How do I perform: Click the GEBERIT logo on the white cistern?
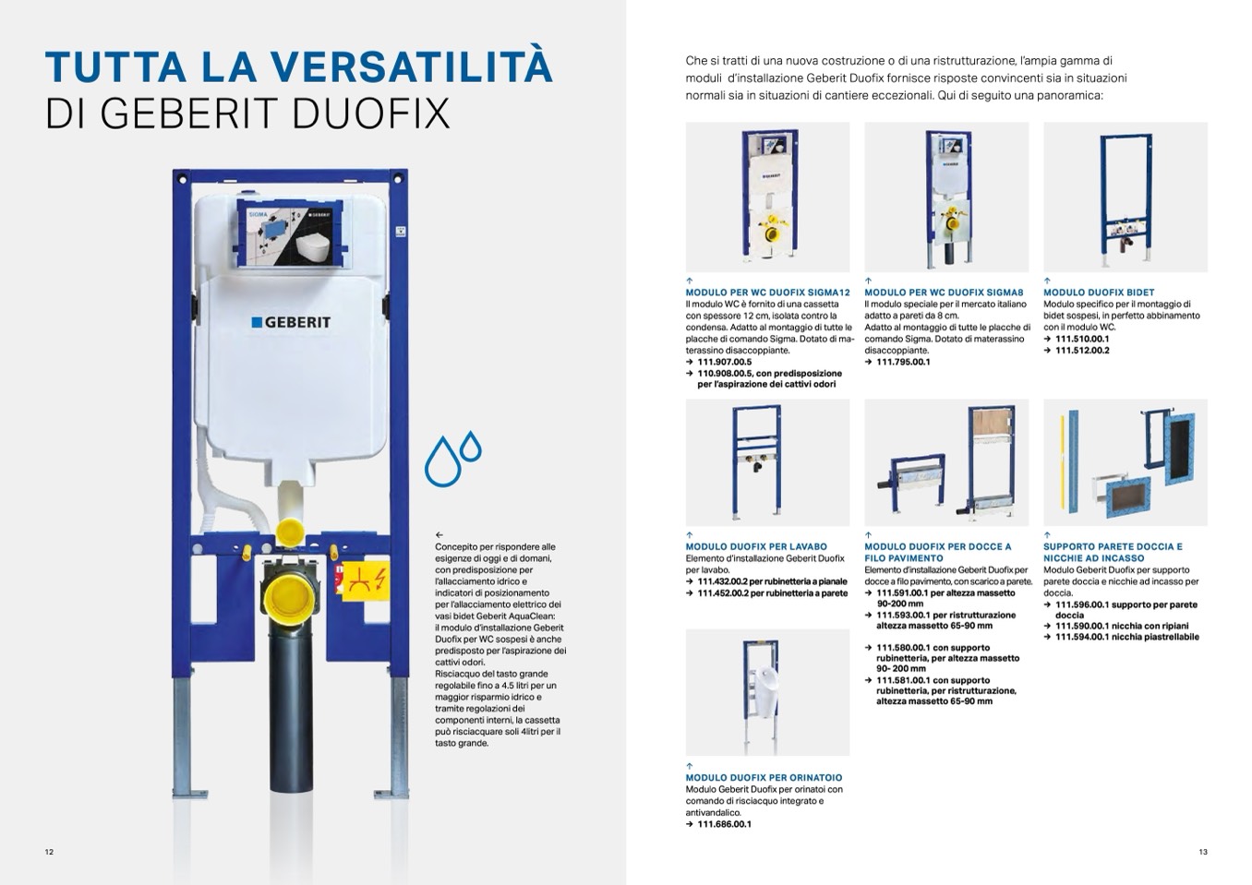pyautogui.click(x=291, y=322)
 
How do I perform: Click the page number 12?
pyautogui.click(x=49, y=852)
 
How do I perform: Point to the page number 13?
pyautogui.click(x=1202, y=852)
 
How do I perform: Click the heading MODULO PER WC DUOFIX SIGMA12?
pyautogui.click(x=767, y=293)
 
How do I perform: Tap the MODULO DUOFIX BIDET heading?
pyautogui.click(x=1099, y=293)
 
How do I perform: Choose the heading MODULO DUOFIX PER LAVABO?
pyautogui.click(x=756, y=546)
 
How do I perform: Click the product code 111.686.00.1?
pyautogui.click(x=724, y=824)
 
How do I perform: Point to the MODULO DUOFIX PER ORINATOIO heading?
pyautogui.click(x=764, y=778)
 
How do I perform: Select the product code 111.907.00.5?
pyautogui.click(x=725, y=362)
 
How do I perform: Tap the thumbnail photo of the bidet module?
pyautogui.click(x=1125, y=197)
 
